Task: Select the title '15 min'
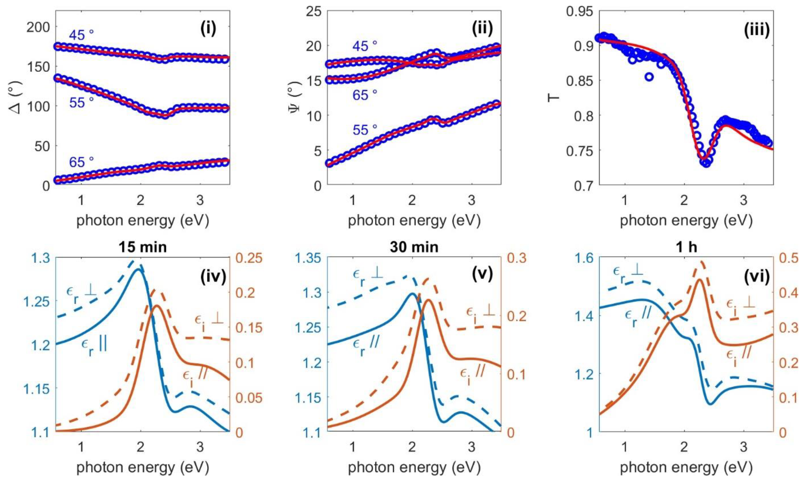(143, 247)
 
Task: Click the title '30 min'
(414, 247)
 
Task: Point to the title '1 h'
(686, 247)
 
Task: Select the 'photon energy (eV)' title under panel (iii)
(686, 221)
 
